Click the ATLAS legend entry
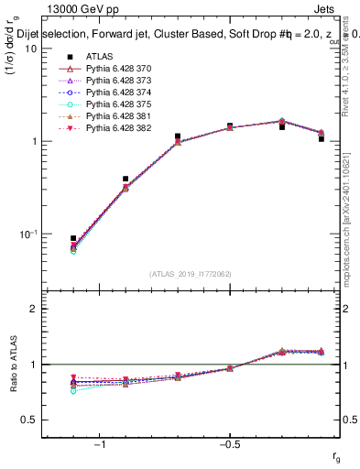(x=98, y=55)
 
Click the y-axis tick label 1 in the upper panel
(x=34, y=142)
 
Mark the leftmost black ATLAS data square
(x=73, y=238)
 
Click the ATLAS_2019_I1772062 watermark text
(x=191, y=273)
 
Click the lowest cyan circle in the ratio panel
(x=73, y=390)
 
